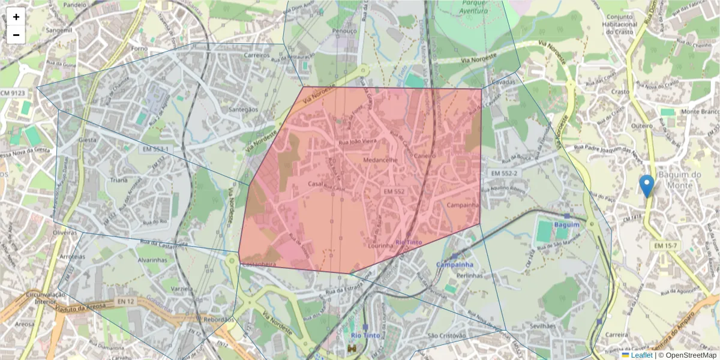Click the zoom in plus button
pyautogui.click(x=16, y=17)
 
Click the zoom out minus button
pyautogui.click(x=16, y=35)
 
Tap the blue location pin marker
pyautogui.click(x=646, y=186)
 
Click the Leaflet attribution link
pyautogui.click(x=641, y=355)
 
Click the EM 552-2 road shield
pyautogui.click(x=503, y=173)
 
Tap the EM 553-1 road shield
pyautogui.click(x=155, y=149)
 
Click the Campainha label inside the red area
pyautogui.click(x=463, y=205)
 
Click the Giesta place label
pyautogui.click(x=88, y=140)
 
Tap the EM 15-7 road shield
pyautogui.click(x=665, y=246)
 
